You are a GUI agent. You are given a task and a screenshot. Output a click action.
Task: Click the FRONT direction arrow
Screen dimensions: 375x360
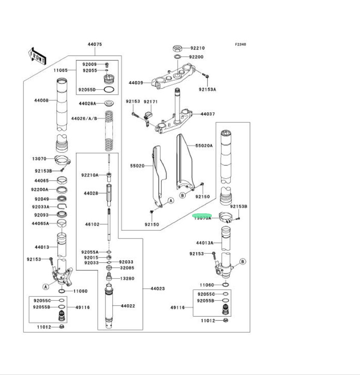click(x=37, y=56)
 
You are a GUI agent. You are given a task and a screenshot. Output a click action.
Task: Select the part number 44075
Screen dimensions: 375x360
click(x=95, y=44)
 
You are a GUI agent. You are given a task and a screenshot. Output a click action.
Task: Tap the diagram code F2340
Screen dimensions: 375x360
click(x=240, y=44)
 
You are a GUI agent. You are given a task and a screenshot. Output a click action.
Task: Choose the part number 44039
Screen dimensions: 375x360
click(x=136, y=83)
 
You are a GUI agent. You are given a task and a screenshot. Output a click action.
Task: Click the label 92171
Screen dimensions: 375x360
click(x=150, y=102)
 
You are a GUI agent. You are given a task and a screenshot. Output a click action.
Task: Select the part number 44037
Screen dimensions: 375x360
click(x=208, y=114)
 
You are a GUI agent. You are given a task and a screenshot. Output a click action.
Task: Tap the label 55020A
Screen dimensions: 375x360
click(x=204, y=145)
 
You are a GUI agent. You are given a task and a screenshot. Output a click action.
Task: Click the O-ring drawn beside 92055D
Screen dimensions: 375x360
click(x=109, y=90)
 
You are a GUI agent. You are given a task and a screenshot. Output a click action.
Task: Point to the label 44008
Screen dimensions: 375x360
click(x=41, y=100)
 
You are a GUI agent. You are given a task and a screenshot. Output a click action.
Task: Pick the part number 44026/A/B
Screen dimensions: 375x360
click(x=84, y=118)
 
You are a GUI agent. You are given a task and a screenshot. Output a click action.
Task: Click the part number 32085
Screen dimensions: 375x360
click(x=127, y=268)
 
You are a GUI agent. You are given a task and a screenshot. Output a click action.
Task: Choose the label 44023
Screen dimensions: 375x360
click(x=157, y=289)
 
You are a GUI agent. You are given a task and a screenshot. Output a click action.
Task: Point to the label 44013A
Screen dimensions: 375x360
click(x=205, y=243)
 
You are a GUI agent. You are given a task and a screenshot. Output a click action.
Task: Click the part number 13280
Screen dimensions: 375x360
click(x=127, y=278)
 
